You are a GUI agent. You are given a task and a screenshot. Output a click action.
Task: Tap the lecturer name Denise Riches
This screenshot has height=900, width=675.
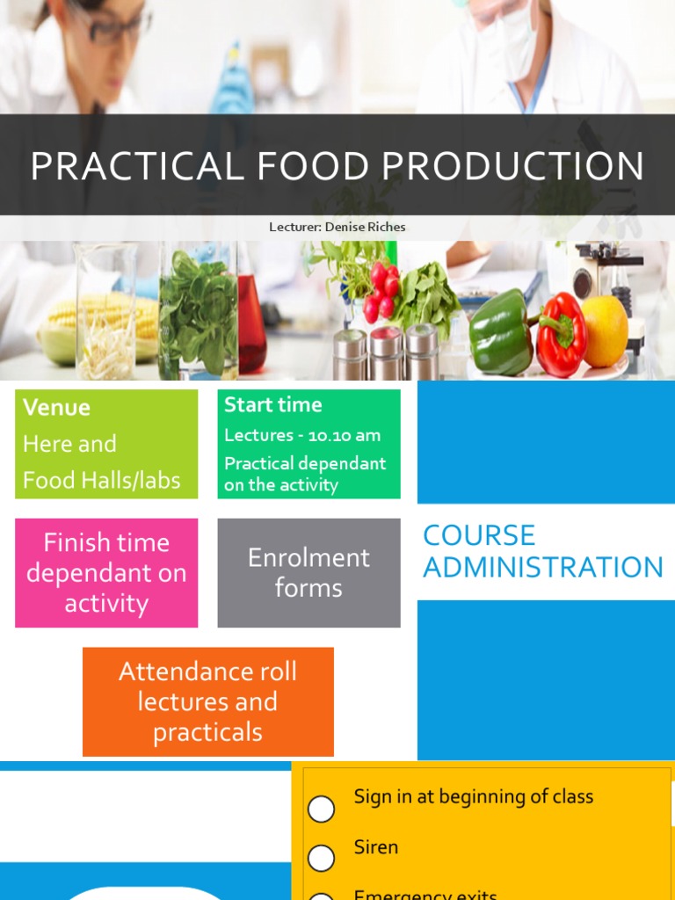[x=365, y=227]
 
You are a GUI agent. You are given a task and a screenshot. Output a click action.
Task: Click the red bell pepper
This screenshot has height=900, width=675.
[x=562, y=334]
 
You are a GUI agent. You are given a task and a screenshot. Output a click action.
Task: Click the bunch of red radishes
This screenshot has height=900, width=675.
[x=381, y=291]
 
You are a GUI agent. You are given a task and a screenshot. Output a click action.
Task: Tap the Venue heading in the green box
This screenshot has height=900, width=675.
[x=56, y=407]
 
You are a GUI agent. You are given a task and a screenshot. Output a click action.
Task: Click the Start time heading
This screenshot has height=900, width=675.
[x=272, y=404]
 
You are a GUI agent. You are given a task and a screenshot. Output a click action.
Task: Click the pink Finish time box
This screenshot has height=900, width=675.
[x=106, y=573]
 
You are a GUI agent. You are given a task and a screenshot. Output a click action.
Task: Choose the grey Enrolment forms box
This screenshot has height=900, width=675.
[x=308, y=573]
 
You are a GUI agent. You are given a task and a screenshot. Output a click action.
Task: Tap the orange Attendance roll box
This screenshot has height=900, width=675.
[x=208, y=701]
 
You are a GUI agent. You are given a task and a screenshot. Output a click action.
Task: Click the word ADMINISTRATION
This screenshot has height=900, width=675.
[x=543, y=568]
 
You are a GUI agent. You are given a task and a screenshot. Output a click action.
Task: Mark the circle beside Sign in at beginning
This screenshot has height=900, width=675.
[x=322, y=809]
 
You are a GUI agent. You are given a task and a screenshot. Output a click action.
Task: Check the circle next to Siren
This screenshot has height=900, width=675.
[x=322, y=857]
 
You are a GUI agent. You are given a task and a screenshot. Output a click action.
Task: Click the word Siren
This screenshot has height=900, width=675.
[x=375, y=847]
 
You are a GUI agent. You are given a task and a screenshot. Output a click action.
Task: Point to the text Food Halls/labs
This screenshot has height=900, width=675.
[x=101, y=480]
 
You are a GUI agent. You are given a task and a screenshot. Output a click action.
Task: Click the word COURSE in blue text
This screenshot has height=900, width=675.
[x=479, y=535]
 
